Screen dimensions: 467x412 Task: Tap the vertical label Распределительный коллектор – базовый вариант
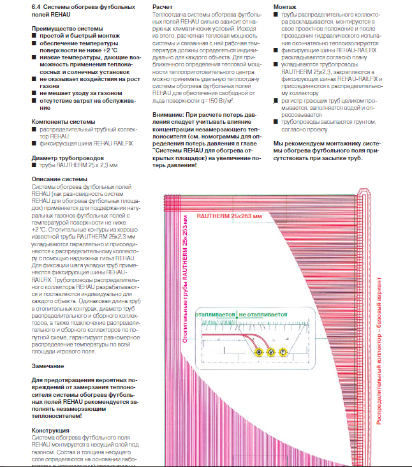[x=379, y=357]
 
